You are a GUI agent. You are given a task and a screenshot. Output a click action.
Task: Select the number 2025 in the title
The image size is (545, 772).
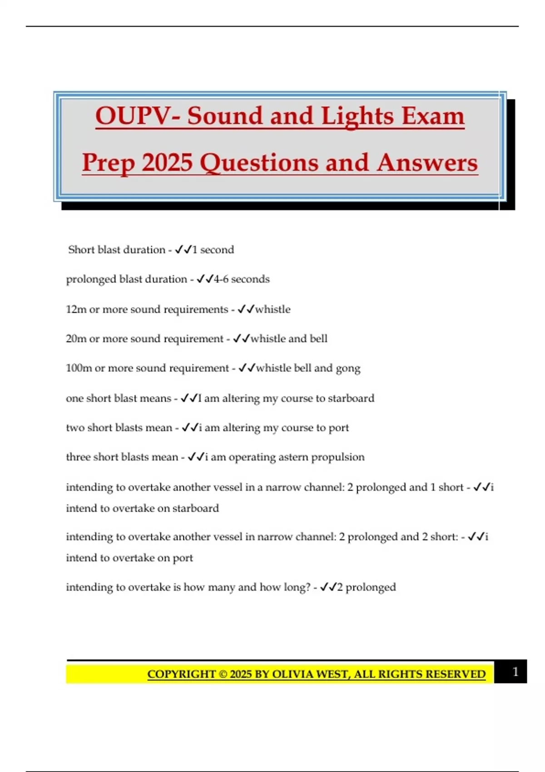[167, 163]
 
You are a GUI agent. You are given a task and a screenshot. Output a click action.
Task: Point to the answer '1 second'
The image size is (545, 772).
[213, 250]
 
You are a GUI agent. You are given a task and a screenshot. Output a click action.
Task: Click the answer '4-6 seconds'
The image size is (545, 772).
[242, 279]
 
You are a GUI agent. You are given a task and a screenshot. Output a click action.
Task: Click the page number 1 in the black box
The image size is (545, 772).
[515, 672]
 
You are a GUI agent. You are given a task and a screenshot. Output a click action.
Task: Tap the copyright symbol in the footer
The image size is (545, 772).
[223, 674]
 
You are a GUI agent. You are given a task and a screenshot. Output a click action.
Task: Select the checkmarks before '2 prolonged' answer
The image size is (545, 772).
[328, 587]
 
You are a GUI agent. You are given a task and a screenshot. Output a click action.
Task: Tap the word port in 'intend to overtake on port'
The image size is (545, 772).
[183, 558]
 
